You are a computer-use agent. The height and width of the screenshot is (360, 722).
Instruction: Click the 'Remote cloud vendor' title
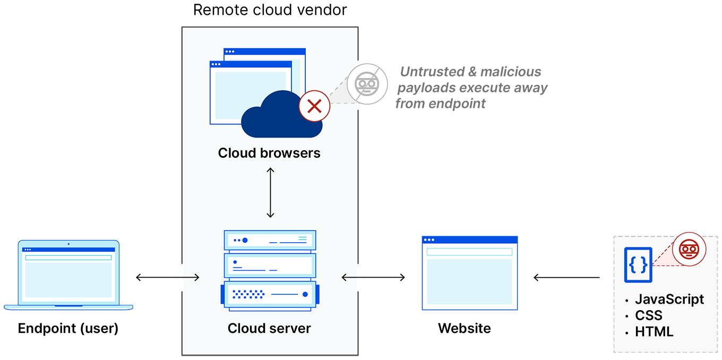(x=270, y=10)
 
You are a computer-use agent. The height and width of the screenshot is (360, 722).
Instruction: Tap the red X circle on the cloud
(x=314, y=106)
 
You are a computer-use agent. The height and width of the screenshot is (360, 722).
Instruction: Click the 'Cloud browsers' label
(x=269, y=153)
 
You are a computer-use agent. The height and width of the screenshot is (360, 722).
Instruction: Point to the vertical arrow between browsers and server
(x=270, y=193)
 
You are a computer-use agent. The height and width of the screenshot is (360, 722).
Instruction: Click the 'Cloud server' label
(x=269, y=329)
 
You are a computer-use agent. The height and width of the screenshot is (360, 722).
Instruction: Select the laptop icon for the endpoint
(x=68, y=275)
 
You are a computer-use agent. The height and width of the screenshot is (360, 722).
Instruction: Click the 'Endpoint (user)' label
(x=68, y=329)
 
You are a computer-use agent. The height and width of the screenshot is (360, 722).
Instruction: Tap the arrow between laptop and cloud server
(x=168, y=277)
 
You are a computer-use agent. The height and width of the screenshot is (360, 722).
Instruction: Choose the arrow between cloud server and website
(x=373, y=277)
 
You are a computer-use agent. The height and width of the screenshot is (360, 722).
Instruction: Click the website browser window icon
(x=470, y=273)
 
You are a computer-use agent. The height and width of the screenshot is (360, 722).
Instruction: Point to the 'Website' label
(x=464, y=329)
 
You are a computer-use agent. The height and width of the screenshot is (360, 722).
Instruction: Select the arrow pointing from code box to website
(x=566, y=277)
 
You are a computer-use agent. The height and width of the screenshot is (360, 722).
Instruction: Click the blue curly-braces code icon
(x=638, y=265)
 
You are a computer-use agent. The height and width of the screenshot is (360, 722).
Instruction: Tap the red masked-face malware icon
(x=689, y=250)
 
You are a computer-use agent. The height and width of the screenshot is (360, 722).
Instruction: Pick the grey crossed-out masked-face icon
(x=367, y=84)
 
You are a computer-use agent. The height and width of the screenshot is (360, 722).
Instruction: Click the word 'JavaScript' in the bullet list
(x=669, y=299)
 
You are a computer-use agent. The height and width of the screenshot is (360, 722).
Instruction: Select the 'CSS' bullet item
(x=649, y=315)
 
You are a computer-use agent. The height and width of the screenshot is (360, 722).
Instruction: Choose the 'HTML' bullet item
(x=654, y=332)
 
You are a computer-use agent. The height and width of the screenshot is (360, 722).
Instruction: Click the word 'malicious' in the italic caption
(x=511, y=72)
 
